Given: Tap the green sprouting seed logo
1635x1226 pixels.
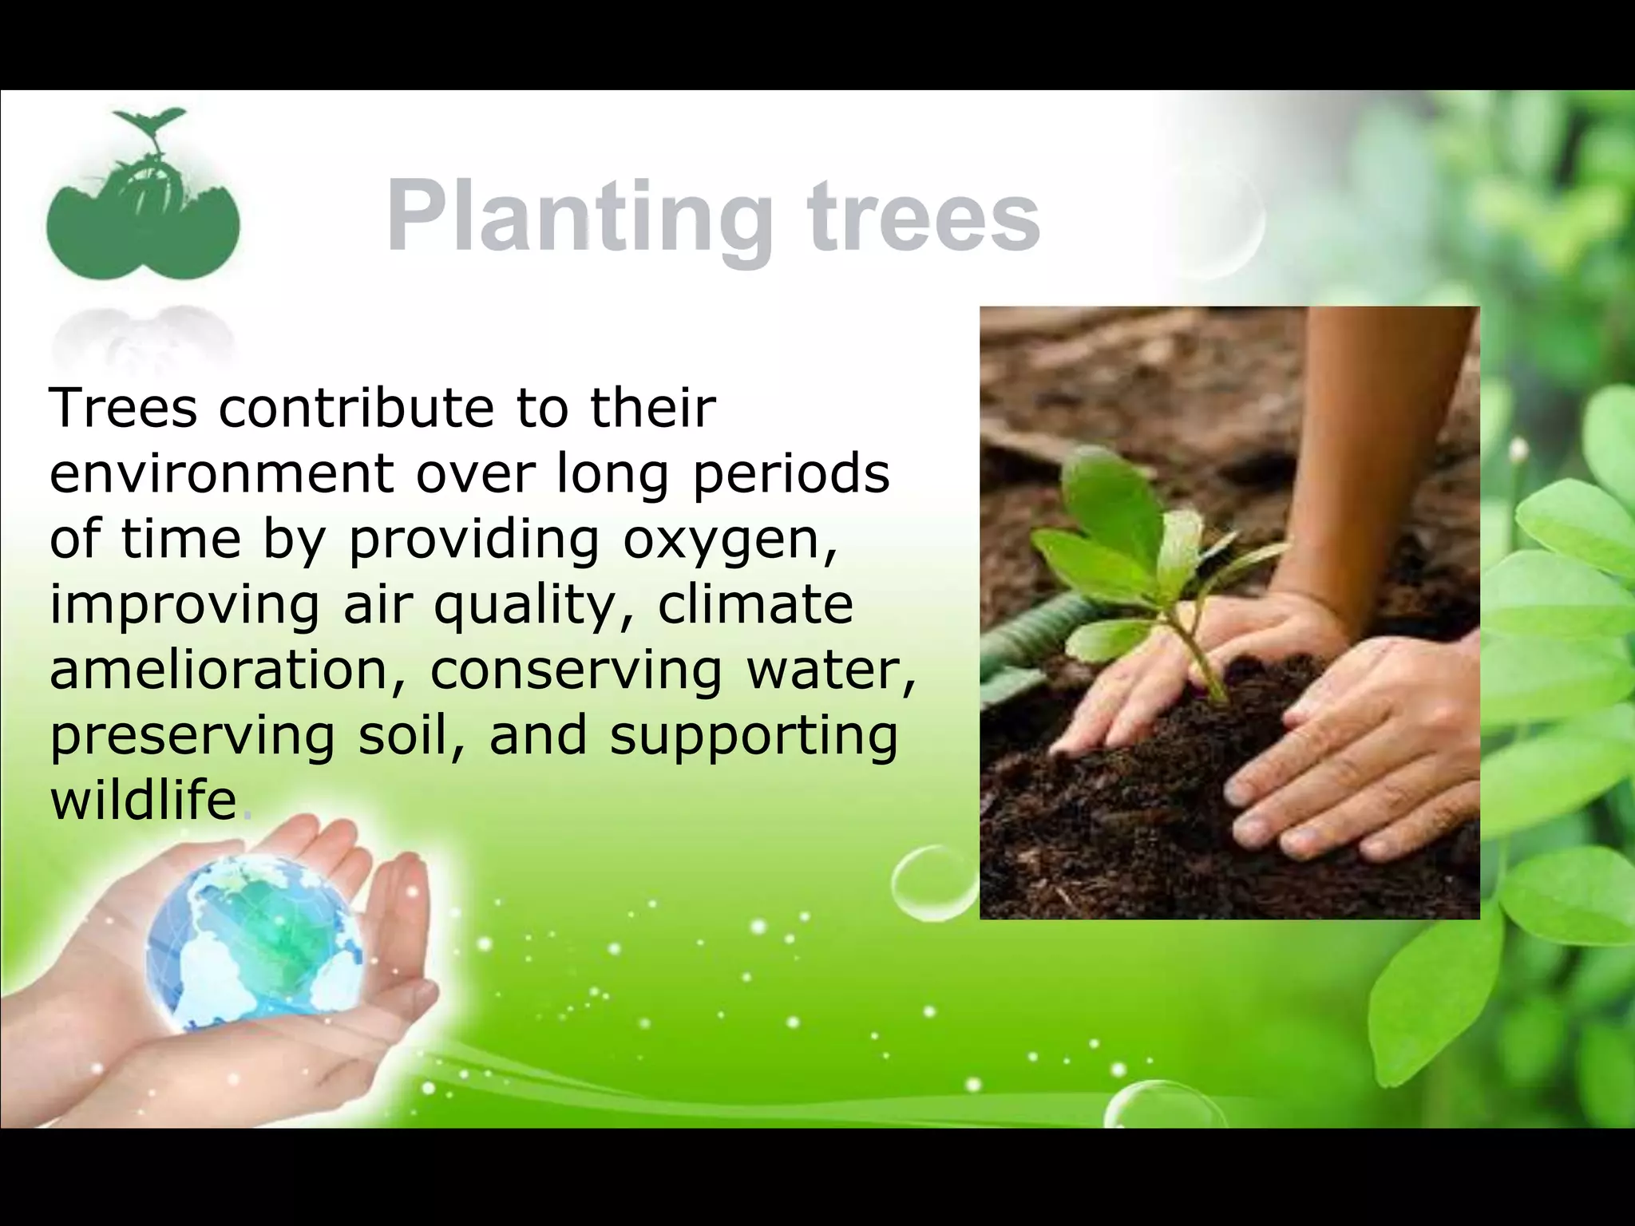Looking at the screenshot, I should click(x=143, y=200).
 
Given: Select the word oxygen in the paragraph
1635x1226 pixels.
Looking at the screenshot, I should click(x=730, y=540).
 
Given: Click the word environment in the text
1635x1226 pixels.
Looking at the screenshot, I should click(x=221, y=474).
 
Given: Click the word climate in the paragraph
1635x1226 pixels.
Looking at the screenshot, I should click(x=754, y=604).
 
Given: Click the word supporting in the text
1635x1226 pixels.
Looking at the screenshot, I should click(x=754, y=736).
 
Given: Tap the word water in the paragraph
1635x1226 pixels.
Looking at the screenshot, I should click(x=830, y=670).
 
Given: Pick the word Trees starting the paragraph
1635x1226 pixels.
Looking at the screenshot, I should click(x=123, y=408).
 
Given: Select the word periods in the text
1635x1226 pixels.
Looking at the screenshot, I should click(x=790, y=474).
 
